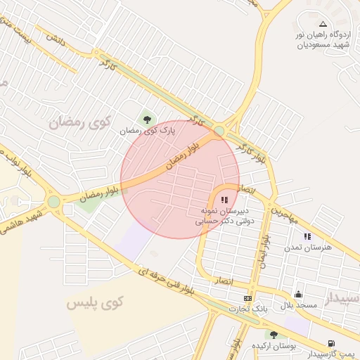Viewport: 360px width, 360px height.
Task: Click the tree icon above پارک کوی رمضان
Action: (x=147, y=120)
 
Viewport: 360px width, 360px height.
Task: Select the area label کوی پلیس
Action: (x=95, y=303)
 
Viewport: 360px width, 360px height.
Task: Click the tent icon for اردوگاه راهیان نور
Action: (x=323, y=24)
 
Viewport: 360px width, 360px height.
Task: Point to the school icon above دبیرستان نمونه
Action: (x=224, y=200)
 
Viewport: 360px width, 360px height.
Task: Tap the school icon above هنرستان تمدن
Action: (x=307, y=237)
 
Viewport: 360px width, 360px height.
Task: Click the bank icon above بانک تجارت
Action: (x=247, y=298)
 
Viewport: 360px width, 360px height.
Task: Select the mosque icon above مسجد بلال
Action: (x=298, y=295)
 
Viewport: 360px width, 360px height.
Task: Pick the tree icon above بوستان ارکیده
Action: (x=274, y=335)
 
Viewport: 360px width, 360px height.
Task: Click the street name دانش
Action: (x=56, y=41)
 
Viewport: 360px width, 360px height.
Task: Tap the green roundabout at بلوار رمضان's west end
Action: (x=54, y=202)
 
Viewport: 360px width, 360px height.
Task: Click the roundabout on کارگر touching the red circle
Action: (x=220, y=131)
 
